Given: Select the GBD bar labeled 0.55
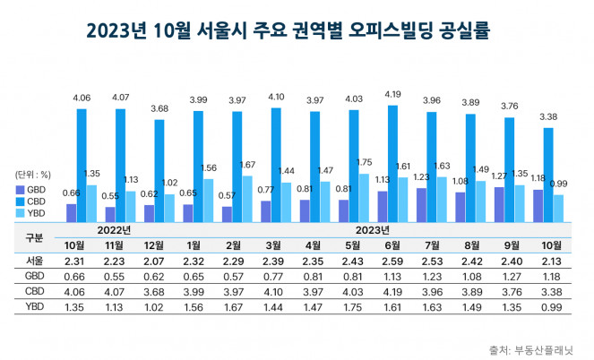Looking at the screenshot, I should (x=110, y=213).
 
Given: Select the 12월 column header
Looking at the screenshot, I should (x=153, y=244).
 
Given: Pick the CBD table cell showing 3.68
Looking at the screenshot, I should (x=153, y=290).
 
